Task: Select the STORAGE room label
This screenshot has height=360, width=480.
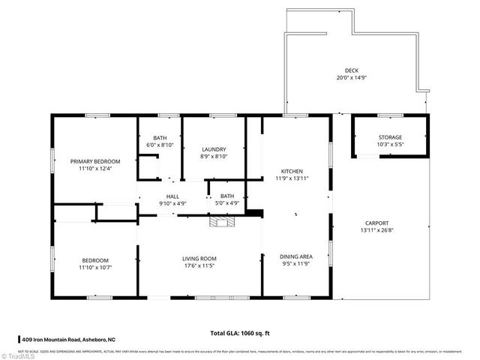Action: coord(389,137)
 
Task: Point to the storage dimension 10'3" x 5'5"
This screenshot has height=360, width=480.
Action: coord(389,145)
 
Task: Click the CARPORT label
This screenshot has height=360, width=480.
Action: coord(376,223)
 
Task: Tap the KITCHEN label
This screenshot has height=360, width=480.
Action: coord(292,170)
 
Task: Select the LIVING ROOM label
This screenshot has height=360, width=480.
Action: coord(199,259)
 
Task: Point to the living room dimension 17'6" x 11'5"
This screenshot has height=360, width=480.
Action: coord(199,266)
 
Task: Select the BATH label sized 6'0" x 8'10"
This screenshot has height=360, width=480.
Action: coord(160,138)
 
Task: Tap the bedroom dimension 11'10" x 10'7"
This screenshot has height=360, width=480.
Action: coord(95,267)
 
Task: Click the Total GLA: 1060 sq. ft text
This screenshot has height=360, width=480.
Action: coord(239,332)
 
